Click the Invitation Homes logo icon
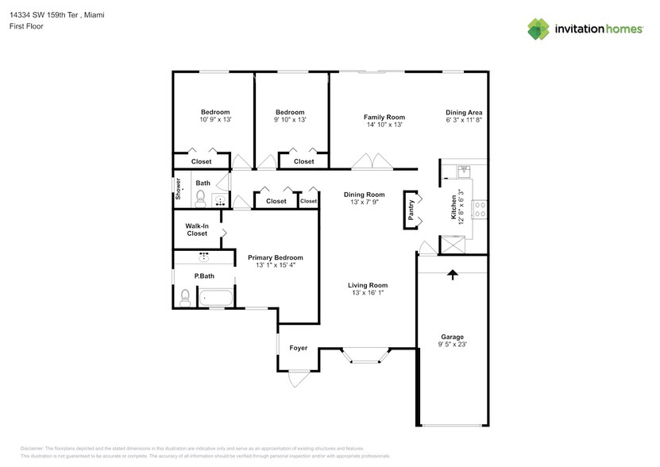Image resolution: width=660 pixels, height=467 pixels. (x=538, y=29)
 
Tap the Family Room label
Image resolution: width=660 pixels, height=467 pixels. (x=384, y=117)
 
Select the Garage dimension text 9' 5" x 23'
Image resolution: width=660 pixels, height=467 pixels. (x=453, y=345)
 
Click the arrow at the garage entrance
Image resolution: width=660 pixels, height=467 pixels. (x=453, y=276)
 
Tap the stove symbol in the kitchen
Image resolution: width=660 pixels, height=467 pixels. (x=480, y=209)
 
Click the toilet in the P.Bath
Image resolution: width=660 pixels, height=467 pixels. (x=185, y=297)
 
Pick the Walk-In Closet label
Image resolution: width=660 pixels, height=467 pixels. (x=197, y=230)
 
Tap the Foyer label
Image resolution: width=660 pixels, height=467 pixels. (x=298, y=348)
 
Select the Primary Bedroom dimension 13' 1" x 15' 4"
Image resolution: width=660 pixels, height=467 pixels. (x=276, y=265)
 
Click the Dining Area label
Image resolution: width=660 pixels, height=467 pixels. (x=464, y=113)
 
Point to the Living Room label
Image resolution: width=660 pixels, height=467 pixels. (x=368, y=285)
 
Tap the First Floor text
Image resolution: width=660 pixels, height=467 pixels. (x=26, y=26)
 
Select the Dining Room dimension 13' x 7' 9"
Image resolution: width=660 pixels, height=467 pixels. (x=364, y=202)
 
